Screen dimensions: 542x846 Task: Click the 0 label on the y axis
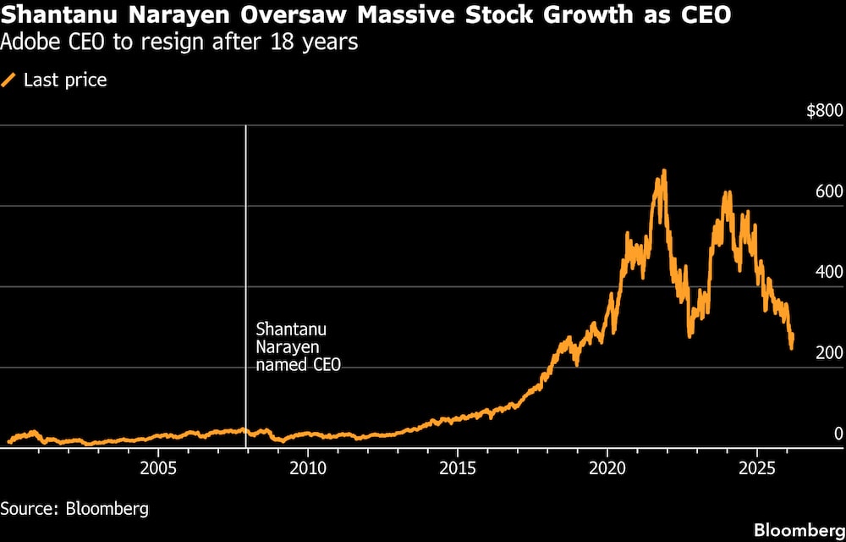coord(838,433)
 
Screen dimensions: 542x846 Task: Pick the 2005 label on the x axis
coord(158,468)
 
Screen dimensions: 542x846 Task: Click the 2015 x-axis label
coord(458,468)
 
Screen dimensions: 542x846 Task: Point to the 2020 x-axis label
coord(607,468)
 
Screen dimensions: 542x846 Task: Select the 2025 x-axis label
coord(757,468)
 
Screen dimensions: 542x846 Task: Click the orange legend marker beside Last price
coord(9,80)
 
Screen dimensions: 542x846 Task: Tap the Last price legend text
coord(65,80)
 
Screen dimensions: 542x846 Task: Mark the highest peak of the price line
coord(664,171)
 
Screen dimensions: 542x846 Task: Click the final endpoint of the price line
coord(792,347)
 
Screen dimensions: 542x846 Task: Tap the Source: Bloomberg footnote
coord(74,509)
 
